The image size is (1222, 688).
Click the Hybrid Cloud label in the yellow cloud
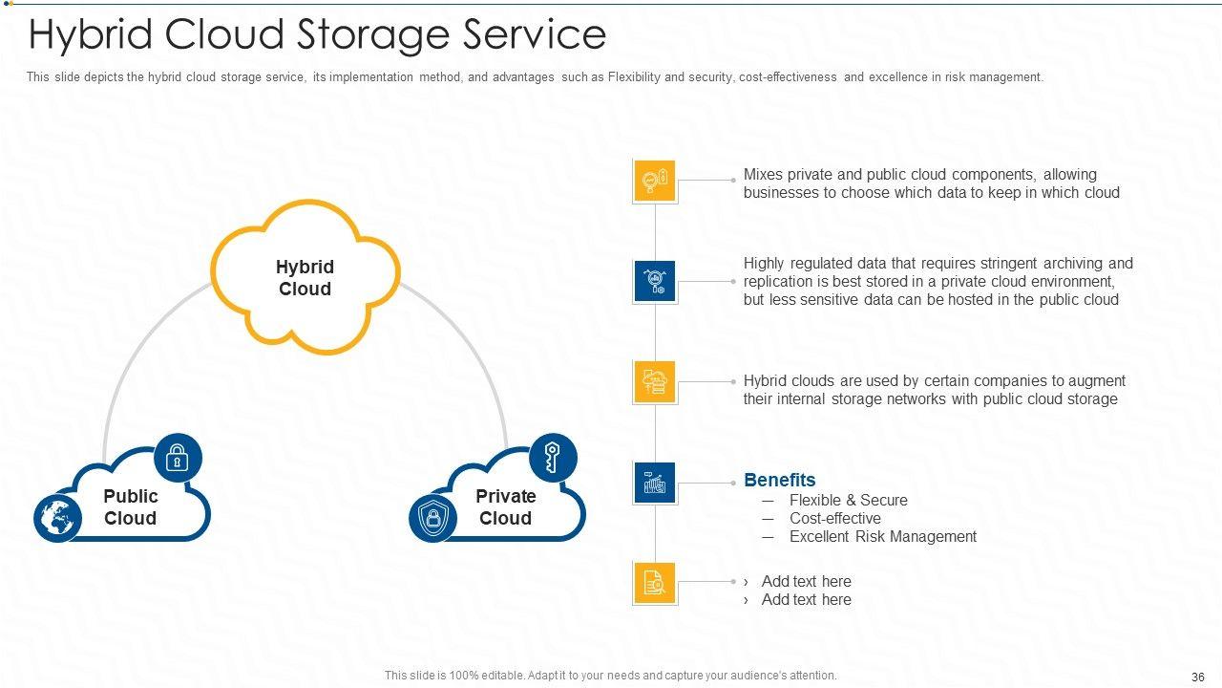[305, 278]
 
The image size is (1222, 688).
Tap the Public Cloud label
[130, 507]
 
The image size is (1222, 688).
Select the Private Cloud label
[505, 507]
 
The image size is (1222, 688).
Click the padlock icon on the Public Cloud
[178, 458]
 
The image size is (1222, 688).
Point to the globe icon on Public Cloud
[57, 520]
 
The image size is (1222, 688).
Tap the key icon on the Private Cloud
[553, 457]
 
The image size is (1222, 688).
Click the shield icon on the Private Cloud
[432, 520]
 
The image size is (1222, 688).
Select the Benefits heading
[779, 480]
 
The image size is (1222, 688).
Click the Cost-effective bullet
[834, 518]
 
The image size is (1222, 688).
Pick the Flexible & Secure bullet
[848, 500]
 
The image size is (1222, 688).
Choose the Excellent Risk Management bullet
[882, 536]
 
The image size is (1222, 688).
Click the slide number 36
[1198, 677]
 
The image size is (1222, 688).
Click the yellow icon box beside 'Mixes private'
[654, 181]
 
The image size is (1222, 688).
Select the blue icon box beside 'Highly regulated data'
[654, 282]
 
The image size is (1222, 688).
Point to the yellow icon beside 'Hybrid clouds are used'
[654, 382]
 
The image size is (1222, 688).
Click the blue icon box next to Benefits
[654, 483]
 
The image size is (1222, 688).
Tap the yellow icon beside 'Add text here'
[654, 583]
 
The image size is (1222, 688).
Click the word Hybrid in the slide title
[92, 35]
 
